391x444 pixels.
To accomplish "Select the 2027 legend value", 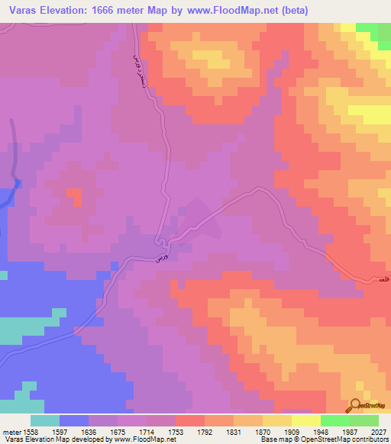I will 372,431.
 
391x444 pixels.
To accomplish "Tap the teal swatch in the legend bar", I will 45,420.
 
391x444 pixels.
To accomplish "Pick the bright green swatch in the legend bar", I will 335,420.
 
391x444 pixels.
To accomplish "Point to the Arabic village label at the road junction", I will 160,258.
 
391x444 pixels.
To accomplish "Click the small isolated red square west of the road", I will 74,196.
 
